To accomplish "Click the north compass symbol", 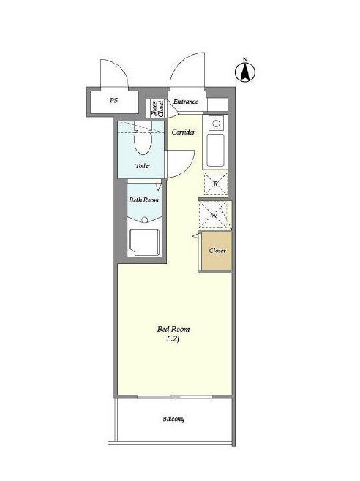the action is point(245,72).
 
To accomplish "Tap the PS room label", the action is point(113,100).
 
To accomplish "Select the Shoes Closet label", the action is point(157,109).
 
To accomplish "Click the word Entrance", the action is point(186,102).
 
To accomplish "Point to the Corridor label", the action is point(184,132).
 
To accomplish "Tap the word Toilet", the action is point(143,166).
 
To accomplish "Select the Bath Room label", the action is point(143,200).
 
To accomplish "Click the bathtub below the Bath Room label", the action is point(144,243).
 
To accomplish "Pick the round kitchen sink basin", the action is point(217,124).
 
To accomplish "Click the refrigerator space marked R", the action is point(216,183).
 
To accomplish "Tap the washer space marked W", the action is point(214,215).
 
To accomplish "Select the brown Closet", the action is point(217,251).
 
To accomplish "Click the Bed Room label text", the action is point(173,329).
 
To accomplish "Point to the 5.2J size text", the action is point(173,339).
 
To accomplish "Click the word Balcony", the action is point(173,419).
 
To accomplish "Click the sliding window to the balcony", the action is point(175,397).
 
